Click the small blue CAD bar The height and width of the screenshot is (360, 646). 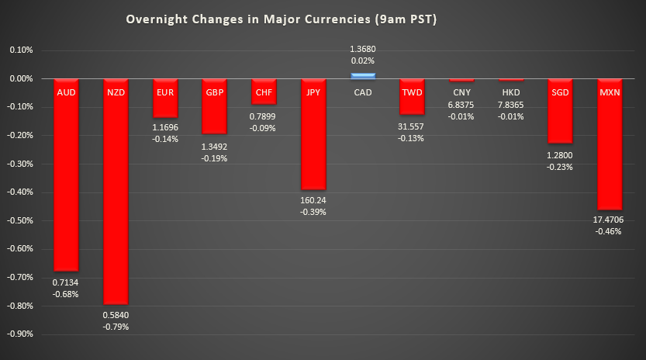[363, 75]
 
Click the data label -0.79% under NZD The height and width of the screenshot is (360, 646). [116, 327]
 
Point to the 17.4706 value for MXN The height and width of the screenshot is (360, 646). [610, 220]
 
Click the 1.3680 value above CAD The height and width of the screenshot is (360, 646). [363, 49]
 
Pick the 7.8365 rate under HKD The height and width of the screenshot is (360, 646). [511, 105]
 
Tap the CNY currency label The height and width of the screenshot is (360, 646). [461, 92]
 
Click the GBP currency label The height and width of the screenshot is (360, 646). [214, 92]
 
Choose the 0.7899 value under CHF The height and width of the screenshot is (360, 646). [264, 116]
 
